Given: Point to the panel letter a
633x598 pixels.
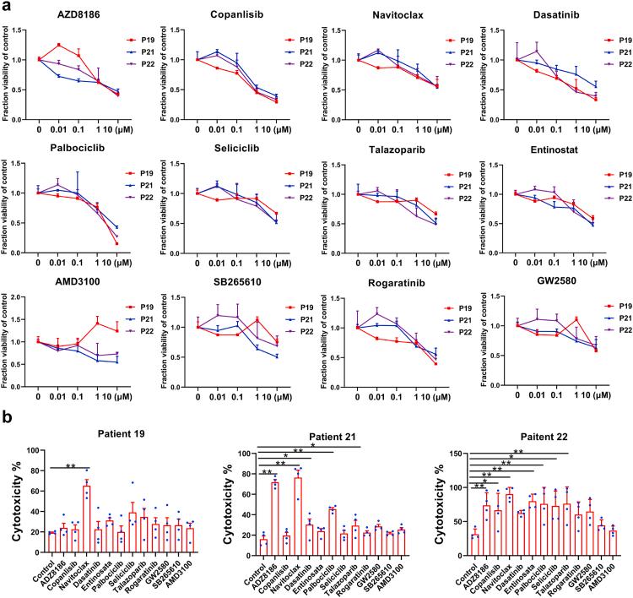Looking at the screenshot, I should pyautogui.click(x=6, y=7).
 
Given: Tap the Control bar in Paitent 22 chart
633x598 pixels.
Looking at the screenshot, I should pyautogui.click(x=476, y=542).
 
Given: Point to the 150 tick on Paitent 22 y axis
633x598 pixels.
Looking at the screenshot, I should pyautogui.click(x=447, y=454).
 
